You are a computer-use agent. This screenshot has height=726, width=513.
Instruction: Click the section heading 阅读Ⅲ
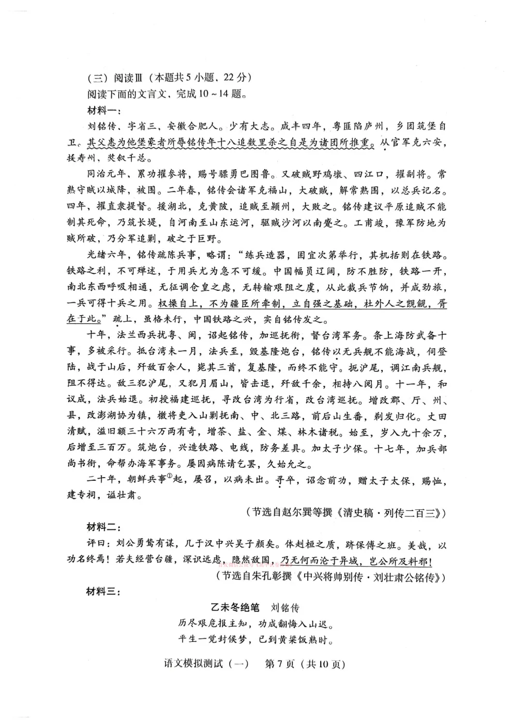[x=125, y=78]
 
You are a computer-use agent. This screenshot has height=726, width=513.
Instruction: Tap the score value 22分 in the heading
[x=237, y=78]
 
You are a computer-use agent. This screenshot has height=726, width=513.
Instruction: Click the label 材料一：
[x=103, y=110]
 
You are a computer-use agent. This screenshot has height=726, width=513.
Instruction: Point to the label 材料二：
[x=103, y=528]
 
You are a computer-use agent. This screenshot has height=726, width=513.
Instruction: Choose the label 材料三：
[x=103, y=591]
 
